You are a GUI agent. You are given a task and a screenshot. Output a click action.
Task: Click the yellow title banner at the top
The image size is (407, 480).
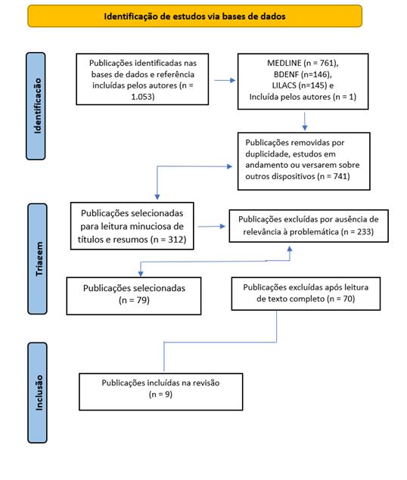pos(195,16)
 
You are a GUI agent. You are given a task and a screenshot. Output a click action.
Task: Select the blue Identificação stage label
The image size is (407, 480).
pos(36,106)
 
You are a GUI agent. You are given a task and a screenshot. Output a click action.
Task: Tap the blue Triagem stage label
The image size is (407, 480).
pos(37,259)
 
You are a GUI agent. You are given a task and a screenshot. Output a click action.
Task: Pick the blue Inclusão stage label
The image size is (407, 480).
pos(37,393)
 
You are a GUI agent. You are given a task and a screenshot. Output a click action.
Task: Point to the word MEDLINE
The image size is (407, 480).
pos(284,63)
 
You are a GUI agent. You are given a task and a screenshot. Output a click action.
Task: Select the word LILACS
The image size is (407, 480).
pos(284,85)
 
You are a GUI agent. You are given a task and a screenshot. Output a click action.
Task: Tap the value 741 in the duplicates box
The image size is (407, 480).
pos(340,176)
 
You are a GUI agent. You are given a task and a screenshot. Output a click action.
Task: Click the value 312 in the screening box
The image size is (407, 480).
pos(176,240)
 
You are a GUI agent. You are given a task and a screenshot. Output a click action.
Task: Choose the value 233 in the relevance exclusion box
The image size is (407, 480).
pos(363,232)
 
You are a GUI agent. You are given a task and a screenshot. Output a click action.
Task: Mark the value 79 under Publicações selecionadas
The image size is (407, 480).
pos(142,300)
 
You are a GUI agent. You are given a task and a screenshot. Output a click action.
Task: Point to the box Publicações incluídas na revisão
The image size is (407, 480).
pos(161,392)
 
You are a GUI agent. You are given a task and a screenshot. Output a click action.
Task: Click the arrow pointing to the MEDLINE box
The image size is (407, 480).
pos(225,81)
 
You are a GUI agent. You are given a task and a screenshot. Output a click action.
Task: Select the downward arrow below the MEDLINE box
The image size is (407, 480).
pos(305,121)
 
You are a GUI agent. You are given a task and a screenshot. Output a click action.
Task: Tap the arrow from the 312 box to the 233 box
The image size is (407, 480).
pos(212,227)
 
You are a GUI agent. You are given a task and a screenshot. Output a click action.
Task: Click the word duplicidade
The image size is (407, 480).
pos(265,154)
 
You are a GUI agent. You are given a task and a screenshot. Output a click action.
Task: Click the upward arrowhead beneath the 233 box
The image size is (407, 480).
pos(290,249)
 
